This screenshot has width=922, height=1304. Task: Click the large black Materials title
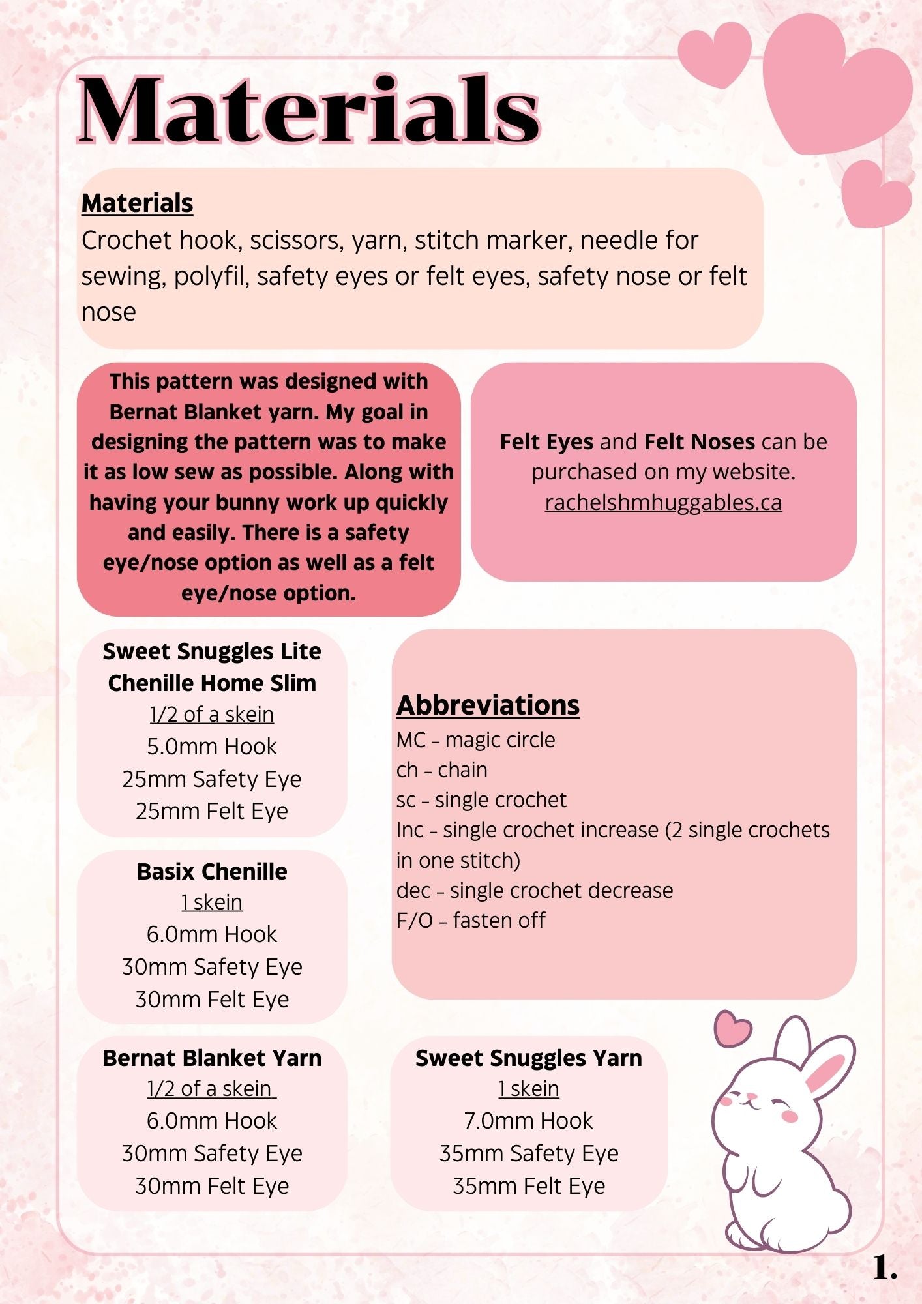tap(308, 109)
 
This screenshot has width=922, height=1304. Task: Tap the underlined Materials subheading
tap(137, 203)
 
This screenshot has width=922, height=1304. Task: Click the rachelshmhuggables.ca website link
tap(663, 502)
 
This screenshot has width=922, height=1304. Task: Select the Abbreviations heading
tap(488, 705)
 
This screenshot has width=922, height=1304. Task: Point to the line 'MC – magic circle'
tap(475, 740)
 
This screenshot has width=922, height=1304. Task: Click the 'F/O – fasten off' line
tap(471, 921)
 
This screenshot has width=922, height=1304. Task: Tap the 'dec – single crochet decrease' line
tap(534, 890)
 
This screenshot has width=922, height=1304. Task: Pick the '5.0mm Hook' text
tap(212, 747)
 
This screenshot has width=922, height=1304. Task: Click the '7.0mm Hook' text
tap(528, 1121)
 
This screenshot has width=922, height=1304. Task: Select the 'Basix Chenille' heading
tap(212, 872)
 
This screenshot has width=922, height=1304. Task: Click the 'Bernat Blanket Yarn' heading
tap(212, 1058)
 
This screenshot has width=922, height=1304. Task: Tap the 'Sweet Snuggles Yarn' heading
tap(528, 1058)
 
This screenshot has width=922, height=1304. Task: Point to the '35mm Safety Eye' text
tap(528, 1153)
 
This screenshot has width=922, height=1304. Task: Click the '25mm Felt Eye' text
tap(212, 811)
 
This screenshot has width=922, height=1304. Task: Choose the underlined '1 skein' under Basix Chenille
tap(212, 902)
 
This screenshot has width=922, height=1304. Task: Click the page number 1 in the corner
tap(884, 1268)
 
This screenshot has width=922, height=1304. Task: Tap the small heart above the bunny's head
tap(732, 1029)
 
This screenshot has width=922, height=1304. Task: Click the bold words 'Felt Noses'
tap(699, 442)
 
